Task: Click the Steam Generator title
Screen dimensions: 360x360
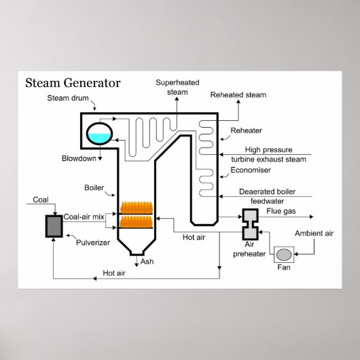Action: [x=73, y=84]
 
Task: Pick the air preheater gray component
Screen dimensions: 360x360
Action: [x=250, y=219]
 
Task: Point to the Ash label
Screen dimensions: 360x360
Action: [x=147, y=260]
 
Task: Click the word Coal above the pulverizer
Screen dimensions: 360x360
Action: [x=41, y=200]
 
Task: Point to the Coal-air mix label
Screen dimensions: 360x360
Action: [x=83, y=217]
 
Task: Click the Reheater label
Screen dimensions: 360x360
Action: [x=246, y=129]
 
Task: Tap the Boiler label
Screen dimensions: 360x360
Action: [x=93, y=187]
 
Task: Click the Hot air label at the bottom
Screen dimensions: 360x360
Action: [x=113, y=274]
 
